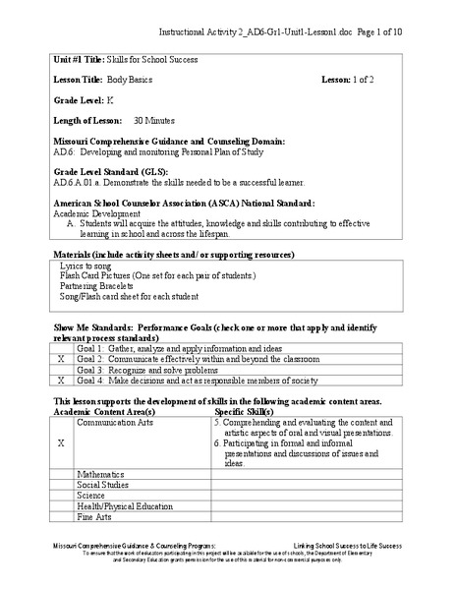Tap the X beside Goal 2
click(61, 361)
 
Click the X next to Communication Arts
click(61, 443)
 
